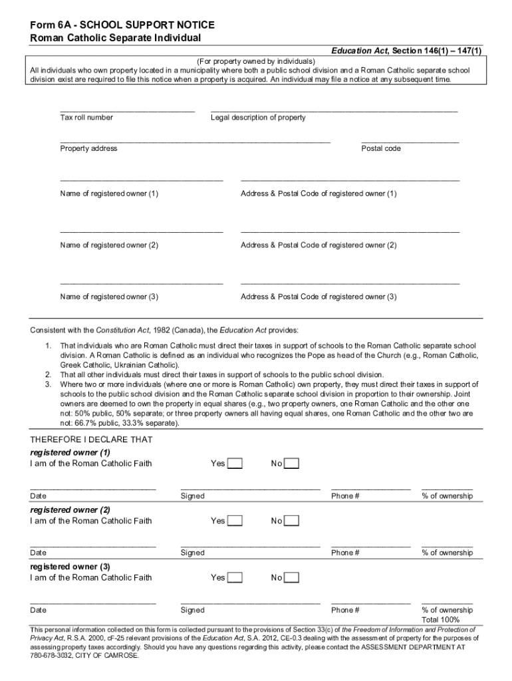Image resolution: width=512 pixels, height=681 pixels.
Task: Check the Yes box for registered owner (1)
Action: click(235, 464)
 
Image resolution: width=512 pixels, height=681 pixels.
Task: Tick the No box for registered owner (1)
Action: click(292, 464)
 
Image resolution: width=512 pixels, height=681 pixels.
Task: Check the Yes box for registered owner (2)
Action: click(235, 521)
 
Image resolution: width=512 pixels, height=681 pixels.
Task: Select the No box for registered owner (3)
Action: click(292, 578)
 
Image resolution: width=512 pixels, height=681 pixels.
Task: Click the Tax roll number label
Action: click(86, 118)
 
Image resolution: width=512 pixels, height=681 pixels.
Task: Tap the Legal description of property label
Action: click(258, 118)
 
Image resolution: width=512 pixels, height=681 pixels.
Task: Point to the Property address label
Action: click(88, 148)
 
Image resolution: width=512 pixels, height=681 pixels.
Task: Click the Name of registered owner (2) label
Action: click(109, 245)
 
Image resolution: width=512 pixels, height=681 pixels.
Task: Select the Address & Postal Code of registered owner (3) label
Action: click(319, 297)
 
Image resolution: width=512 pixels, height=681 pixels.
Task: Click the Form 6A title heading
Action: click(122, 25)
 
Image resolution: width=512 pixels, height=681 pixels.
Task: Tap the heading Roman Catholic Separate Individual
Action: click(116, 38)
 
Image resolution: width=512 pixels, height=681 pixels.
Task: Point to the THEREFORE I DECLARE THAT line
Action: click(91, 440)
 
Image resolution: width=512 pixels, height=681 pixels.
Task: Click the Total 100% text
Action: click(440, 620)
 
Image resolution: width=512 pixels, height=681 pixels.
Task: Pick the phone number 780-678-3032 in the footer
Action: click(53, 655)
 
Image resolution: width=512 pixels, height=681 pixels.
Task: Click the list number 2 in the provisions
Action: click(48, 374)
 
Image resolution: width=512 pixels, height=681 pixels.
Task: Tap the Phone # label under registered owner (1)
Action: click(346, 496)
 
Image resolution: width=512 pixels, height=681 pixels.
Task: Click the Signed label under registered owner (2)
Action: click(193, 553)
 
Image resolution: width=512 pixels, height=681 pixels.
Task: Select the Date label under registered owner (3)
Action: click(38, 610)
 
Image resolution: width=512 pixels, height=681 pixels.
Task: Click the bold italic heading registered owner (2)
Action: click(70, 509)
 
